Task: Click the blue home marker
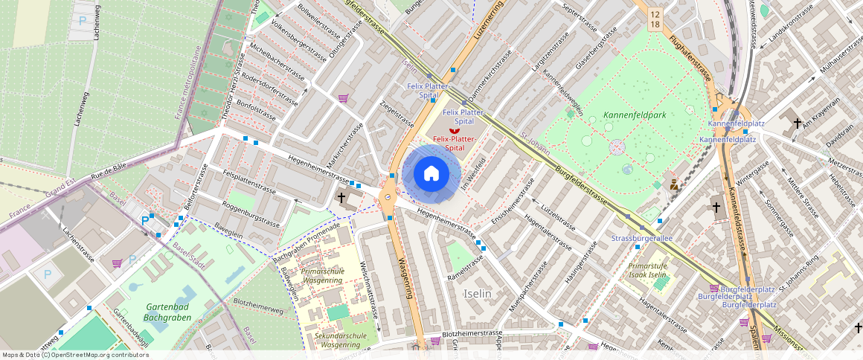431,174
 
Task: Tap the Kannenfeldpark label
635,115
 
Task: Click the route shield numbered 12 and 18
654,19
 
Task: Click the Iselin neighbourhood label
477,294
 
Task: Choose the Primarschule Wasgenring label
322,276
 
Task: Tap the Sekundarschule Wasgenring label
341,340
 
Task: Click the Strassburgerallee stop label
641,238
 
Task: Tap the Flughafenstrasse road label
691,59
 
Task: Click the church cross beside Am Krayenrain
798,123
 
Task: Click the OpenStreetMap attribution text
76,355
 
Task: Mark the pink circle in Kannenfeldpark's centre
617,147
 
